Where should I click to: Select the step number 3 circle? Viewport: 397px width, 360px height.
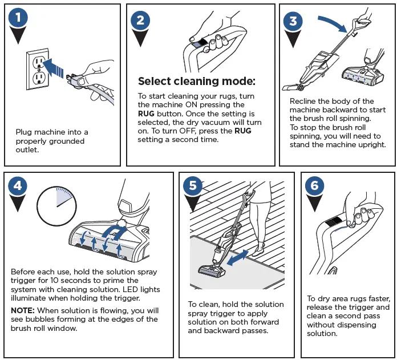point(293,21)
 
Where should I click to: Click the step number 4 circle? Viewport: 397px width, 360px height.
point(18,186)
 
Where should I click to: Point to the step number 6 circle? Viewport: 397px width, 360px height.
point(315,186)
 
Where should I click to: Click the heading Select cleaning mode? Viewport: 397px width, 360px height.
point(196,81)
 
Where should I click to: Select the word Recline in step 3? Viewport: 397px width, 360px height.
point(303,100)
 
